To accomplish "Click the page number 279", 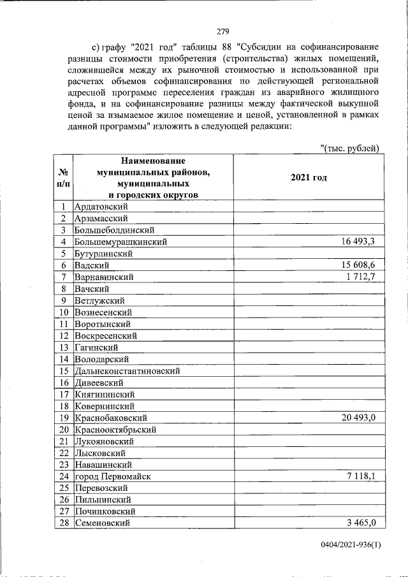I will tap(222, 31).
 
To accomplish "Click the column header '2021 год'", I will tap(309, 177).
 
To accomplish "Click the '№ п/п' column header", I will tap(63, 178).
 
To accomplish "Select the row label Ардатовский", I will tap(101, 207).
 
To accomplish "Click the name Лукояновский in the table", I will tap(104, 441).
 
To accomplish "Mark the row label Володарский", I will tap(102, 359).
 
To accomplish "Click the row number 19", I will tap(64, 418).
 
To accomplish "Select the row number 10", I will tap(64, 312).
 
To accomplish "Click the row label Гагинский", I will tap(97, 347).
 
